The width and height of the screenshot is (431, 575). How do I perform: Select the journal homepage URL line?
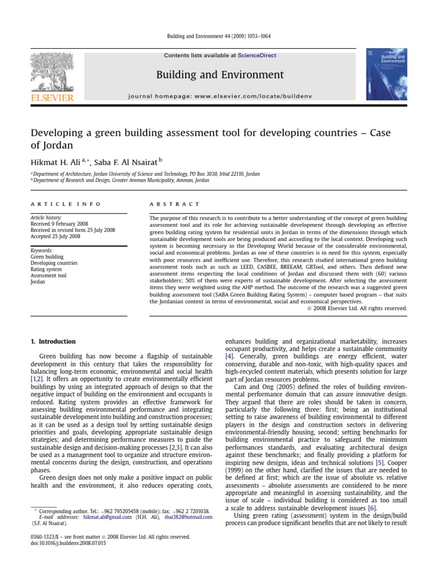(x=219, y=97)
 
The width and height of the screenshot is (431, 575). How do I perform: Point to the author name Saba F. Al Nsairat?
(x=127, y=162)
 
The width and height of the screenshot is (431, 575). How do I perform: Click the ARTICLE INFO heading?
(x=66, y=204)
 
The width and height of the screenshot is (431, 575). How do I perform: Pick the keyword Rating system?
(x=46, y=269)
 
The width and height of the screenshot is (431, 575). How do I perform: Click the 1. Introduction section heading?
(x=53, y=341)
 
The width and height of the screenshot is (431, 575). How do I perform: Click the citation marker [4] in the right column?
(x=230, y=357)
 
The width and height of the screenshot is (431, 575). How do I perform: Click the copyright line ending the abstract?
(x=357, y=308)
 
